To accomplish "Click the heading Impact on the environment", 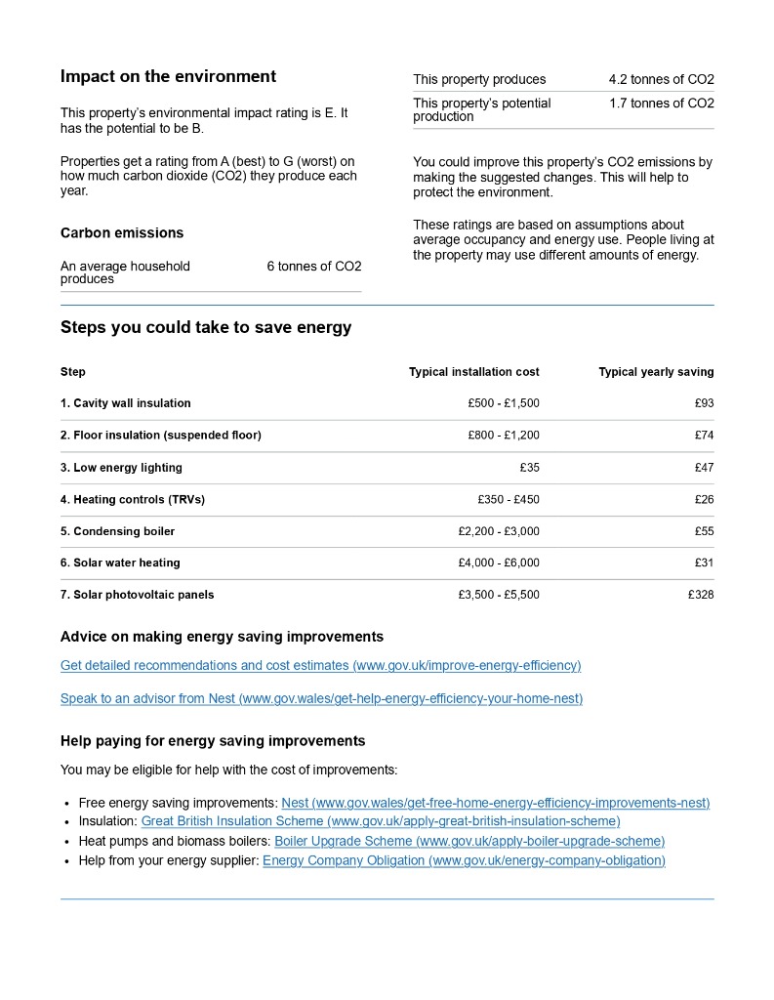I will click(x=168, y=77).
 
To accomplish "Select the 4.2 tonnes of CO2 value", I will click(x=661, y=80).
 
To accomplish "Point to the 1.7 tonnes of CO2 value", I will click(x=661, y=104).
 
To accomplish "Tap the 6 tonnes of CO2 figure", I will click(x=313, y=267).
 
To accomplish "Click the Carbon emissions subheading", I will click(x=122, y=233).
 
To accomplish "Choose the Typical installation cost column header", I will click(x=473, y=372).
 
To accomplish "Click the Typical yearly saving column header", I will click(x=656, y=372).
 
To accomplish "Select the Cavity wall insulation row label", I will click(x=126, y=403).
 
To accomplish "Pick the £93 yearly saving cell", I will click(x=704, y=403).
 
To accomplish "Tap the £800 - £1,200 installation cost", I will click(x=503, y=436).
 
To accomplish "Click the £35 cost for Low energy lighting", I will click(x=529, y=468).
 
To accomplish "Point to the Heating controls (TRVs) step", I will click(x=133, y=500).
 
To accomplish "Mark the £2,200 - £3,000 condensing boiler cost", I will click(x=498, y=531).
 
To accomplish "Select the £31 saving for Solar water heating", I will click(x=704, y=562).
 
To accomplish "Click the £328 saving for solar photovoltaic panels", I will click(x=701, y=595).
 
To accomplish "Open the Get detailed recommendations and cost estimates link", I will click(x=320, y=666).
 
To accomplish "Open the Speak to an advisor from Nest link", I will click(x=321, y=699).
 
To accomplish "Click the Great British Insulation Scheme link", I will click(x=381, y=822).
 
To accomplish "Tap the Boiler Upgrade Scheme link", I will click(x=469, y=842).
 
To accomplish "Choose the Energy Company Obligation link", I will click(x=464, y=861).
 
